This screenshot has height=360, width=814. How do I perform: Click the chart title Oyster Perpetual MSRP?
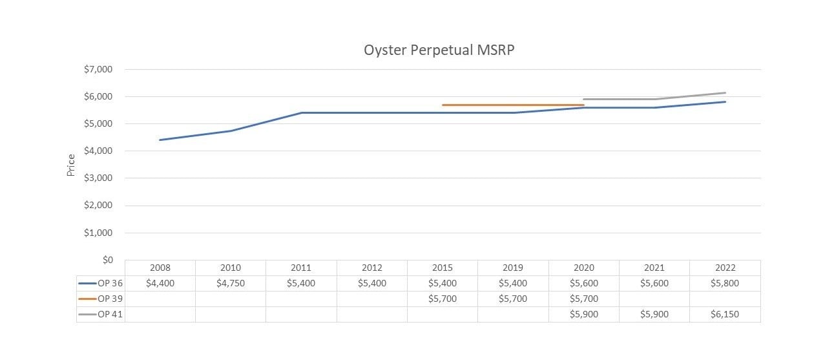[x=439, y=50]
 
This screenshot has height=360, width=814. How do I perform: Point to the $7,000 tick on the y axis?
[x=98, y=69]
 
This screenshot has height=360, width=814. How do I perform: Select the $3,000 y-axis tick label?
[x=98, y=178]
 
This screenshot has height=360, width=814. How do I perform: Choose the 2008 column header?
[x=160, y=268]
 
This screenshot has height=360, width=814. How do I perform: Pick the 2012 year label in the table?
[x=371, y=268]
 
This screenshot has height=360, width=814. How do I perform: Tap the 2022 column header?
[x=725, y=268]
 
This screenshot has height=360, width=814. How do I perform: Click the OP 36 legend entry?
[x=101, y=283]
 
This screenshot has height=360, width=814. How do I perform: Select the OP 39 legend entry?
[x=101, y=299]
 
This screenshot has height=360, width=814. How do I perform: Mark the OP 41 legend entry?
[x=101, y=314]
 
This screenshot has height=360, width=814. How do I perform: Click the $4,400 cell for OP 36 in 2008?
[x=160, y=283]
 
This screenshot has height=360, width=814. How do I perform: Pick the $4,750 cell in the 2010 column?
[x=231, y=283]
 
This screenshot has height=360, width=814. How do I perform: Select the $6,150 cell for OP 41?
[x=725, y=314]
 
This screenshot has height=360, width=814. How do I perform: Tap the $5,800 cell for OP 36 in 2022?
[x=725, y=283]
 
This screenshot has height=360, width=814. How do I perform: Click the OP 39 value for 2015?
[x=443, y=299]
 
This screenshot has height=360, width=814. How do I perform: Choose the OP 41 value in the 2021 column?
[x=654, y=314]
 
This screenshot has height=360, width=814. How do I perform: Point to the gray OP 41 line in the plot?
[x=620, y=100]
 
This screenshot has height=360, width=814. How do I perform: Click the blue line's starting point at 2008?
[x=160, y=140]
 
